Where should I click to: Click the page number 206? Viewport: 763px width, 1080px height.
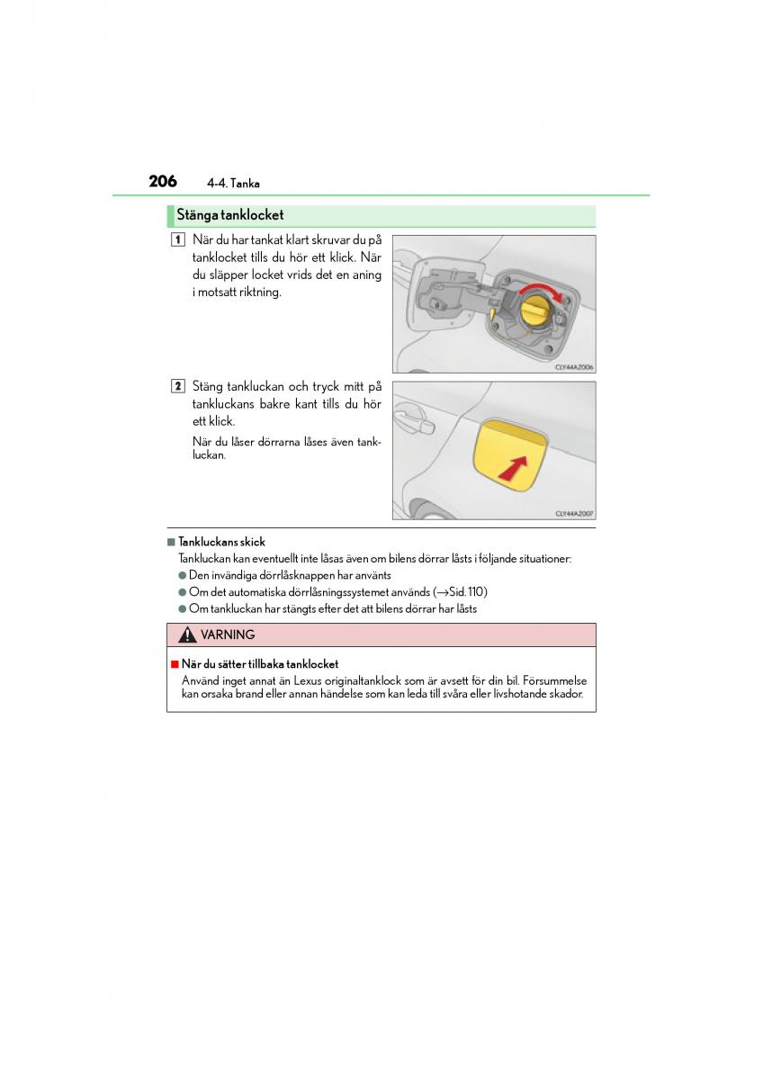click(x=163, y=181)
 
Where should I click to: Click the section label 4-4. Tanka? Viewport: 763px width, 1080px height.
click(x=233, y=184)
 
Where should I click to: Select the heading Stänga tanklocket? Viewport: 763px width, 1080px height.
click(x=230, y=215)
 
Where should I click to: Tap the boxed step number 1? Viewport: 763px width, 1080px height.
click(x=178, y=240)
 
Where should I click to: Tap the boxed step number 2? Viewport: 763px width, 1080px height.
click(x=178, y=386)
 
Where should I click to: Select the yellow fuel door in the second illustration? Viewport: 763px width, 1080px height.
click(x=508, y=454)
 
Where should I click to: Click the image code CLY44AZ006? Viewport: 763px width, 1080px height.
click(x=574, y=367)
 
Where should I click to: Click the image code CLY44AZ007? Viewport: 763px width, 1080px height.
click(x=574, y=514)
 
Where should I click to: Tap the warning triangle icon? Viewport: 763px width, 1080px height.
click(x=187, y=635)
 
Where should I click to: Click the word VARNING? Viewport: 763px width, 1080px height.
click(x=228, y=635)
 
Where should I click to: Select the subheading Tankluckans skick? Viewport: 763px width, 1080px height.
click(x=221, y=542)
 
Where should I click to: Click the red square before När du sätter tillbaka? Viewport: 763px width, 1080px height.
click(x=175, y=665)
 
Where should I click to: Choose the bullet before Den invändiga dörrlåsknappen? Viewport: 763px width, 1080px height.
click(x=182, y=575)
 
